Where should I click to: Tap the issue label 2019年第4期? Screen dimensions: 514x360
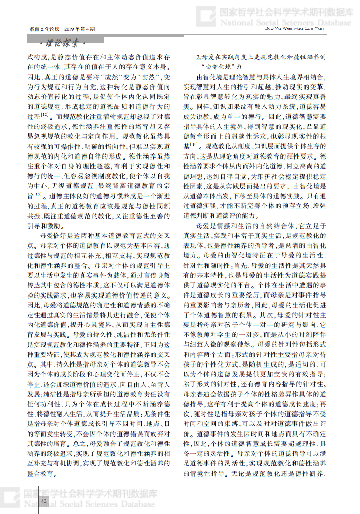coord(80,29)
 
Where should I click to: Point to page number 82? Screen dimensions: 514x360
coord(45,501)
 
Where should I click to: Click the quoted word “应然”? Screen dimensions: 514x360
coord(113,76)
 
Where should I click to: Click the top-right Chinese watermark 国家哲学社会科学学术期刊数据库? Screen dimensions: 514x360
coord(285,12)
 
